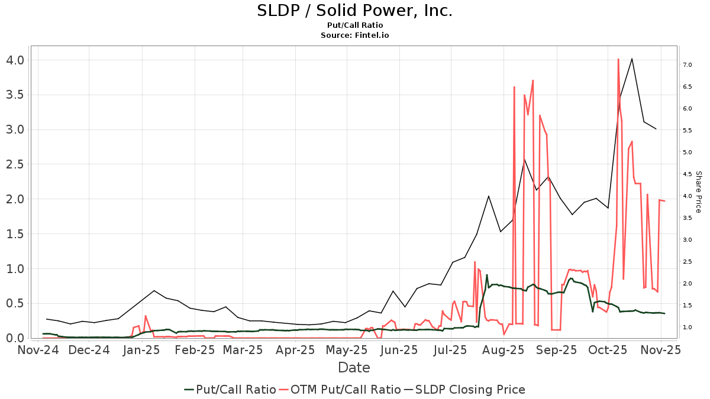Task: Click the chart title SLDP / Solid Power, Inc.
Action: (x=354, y=11)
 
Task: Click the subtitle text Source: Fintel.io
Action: (x=354, y=35)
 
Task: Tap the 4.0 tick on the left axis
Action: (x=12, y=60)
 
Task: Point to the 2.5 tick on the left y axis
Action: (x=12, y=164)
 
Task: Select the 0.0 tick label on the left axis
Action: (x=12, y=338)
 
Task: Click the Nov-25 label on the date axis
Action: (x=661, y=350)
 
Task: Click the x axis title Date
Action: (x=354, y=368)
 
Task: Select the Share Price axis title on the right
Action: (x=698, y=192)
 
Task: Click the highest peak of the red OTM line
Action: (x=618, y=59)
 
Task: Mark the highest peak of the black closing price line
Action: (x=632, y=59)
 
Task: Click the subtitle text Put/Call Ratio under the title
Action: (x=354, y=25)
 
